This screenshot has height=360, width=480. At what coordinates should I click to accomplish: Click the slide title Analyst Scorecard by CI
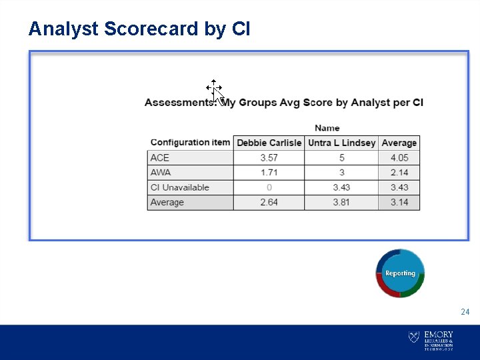[139, 29]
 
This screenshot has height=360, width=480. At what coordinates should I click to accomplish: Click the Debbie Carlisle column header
[269, 143]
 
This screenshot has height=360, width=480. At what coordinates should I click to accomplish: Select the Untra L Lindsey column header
[341, 143]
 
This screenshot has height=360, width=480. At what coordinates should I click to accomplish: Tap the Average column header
[399, 143]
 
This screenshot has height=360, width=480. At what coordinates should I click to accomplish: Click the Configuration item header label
[190, 142]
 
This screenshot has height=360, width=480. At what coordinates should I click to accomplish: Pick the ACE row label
[160, 158]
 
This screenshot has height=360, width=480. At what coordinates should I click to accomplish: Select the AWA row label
[161, 173]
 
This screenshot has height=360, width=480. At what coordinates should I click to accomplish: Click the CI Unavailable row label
[179, 187]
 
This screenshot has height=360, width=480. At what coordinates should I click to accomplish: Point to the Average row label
[167, 202]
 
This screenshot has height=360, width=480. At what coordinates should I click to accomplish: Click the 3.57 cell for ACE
[269, 158]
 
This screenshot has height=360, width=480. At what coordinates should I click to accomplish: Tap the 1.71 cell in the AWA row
[269, 173]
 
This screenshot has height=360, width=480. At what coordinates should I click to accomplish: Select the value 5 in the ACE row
[341, 158]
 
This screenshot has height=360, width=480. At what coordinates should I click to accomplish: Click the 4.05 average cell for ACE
[399, 158]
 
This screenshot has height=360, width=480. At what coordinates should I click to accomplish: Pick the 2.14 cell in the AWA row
[399, 173]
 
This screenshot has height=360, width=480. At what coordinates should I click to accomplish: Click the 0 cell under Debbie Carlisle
[269, 187]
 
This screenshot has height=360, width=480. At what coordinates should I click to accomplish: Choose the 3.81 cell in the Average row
[341, 202]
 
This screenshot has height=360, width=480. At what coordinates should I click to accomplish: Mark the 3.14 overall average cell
[399, 202]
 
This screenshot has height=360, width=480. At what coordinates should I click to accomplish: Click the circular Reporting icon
[400, 273]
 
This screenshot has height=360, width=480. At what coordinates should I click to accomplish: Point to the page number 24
[465, 312]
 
